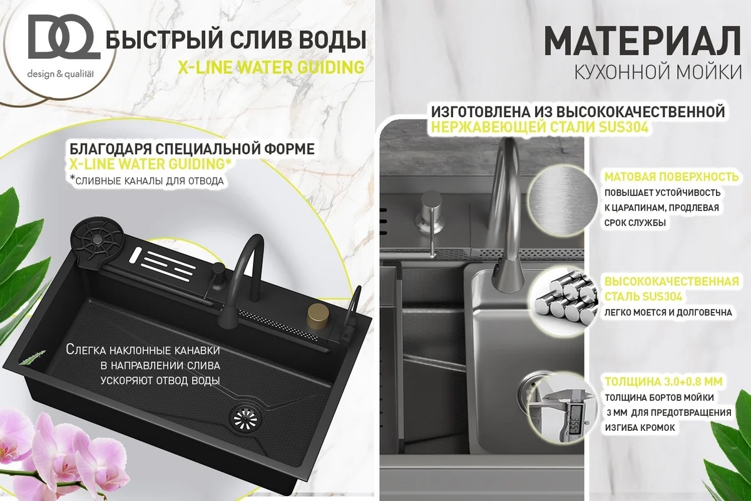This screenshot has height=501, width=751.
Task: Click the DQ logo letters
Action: [64, 37]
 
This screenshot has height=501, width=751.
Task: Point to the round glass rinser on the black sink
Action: [98, 240]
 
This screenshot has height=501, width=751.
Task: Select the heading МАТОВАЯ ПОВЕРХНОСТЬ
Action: [672, 177]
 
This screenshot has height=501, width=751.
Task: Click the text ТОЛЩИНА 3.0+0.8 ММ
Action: [664, 382]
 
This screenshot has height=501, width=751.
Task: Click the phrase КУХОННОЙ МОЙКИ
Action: [658, 73]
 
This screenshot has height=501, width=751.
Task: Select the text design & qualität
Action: [61, 74]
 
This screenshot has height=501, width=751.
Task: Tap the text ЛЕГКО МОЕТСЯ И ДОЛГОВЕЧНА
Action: [668, 312]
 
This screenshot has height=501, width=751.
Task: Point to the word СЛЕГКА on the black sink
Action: [86, 349]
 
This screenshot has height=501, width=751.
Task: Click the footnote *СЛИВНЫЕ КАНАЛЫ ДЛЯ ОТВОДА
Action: [146, 180]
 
